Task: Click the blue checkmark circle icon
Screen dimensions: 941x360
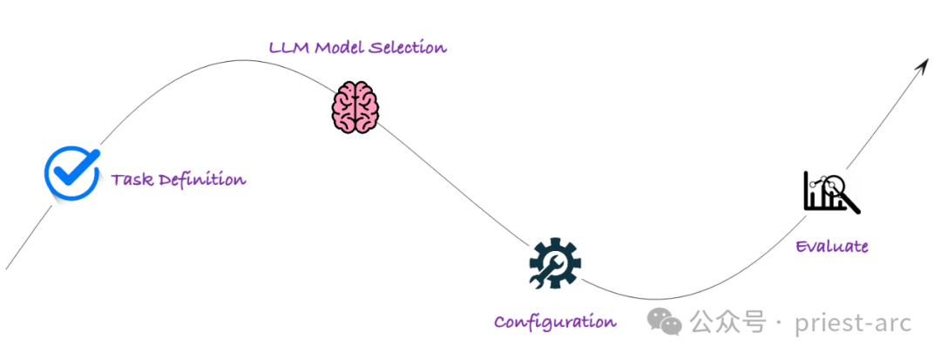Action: (x=71, y=173)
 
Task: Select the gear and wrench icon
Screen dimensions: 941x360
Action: (x=555, y=263)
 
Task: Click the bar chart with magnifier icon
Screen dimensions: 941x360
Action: (x=832, y=192)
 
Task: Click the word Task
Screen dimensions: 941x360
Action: (x=125, y=180)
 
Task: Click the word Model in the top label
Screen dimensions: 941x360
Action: (x=340, y=47)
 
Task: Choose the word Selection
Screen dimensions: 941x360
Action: (x=409, y=47)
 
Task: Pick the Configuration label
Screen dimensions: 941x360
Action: (x=555, y=322)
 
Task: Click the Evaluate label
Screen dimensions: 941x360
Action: (x=832, y=246)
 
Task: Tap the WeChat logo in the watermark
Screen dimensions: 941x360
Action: (x=664, y=323)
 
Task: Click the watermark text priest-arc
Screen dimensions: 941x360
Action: (x=853, y=323)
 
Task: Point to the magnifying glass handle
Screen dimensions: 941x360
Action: (x=851, y=204)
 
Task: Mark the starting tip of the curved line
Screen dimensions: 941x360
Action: (x=6, y=268)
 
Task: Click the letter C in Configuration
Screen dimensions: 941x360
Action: (x=501, y=323)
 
